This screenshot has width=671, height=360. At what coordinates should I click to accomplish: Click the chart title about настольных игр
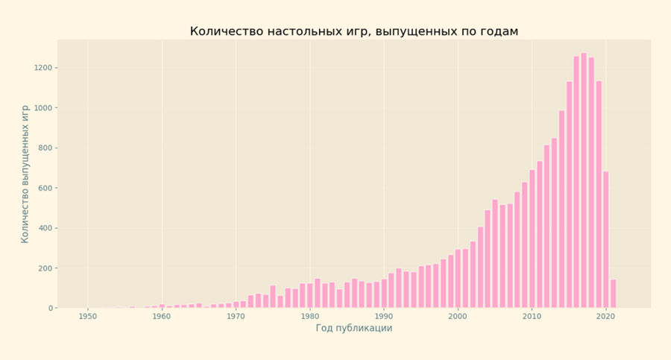(353, 31)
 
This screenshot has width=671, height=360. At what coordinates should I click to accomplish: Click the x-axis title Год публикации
(353, 328)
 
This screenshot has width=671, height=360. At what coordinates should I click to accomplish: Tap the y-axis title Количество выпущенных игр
(25, 174)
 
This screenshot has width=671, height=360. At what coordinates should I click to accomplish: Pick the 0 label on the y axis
(51, 308)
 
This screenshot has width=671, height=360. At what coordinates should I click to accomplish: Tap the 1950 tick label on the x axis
(88, 317)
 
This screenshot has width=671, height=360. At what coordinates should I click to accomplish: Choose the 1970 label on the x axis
(236, 317)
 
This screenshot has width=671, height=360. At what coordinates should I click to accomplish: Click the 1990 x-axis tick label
(384, 317)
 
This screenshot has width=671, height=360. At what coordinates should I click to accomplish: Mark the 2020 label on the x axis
(605, 317)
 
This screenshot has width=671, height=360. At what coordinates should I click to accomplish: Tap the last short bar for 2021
(614, 294)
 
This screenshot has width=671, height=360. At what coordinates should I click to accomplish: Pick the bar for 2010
(532, 239)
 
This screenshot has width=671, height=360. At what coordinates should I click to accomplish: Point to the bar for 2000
(458, 279)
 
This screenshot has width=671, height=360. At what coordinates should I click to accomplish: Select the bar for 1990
(384, 294)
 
